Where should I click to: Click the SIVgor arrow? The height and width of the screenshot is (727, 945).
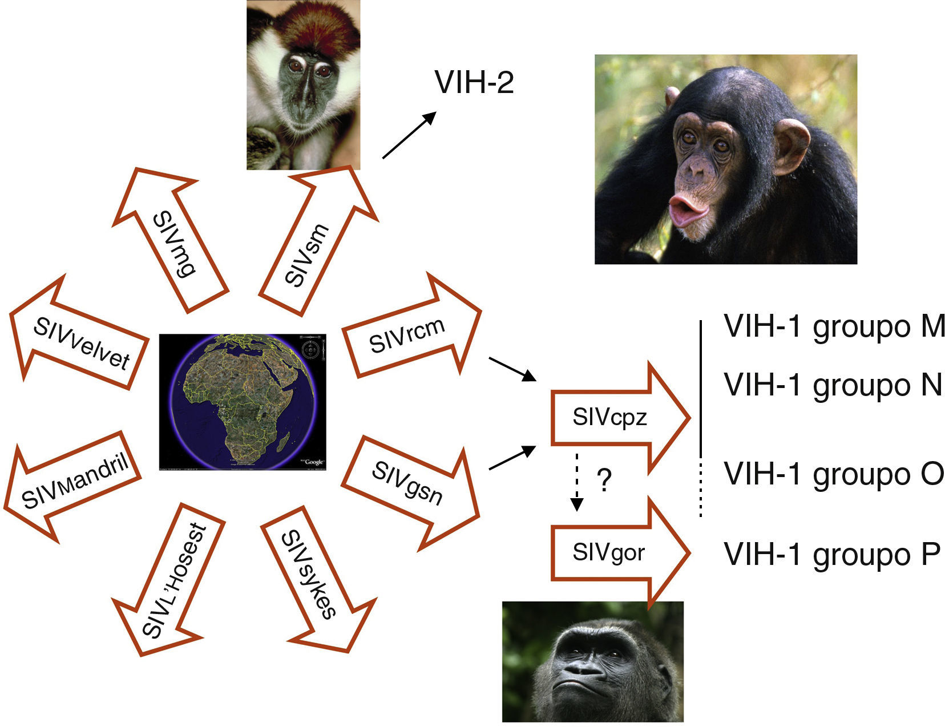[609, 552]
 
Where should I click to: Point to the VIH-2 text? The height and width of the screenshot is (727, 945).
[474, 83]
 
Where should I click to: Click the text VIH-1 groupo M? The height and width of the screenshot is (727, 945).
[834, 326]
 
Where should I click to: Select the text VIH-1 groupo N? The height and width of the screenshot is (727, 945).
[833, 385]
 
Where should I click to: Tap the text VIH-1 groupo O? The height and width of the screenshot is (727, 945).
[834, 474]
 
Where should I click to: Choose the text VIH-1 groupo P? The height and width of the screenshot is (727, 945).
[831, 554]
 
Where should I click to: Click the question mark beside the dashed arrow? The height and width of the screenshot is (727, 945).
[603, 480]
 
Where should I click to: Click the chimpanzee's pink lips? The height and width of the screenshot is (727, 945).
[688, 211]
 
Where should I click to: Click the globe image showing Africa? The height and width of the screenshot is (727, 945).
[243, 402]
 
